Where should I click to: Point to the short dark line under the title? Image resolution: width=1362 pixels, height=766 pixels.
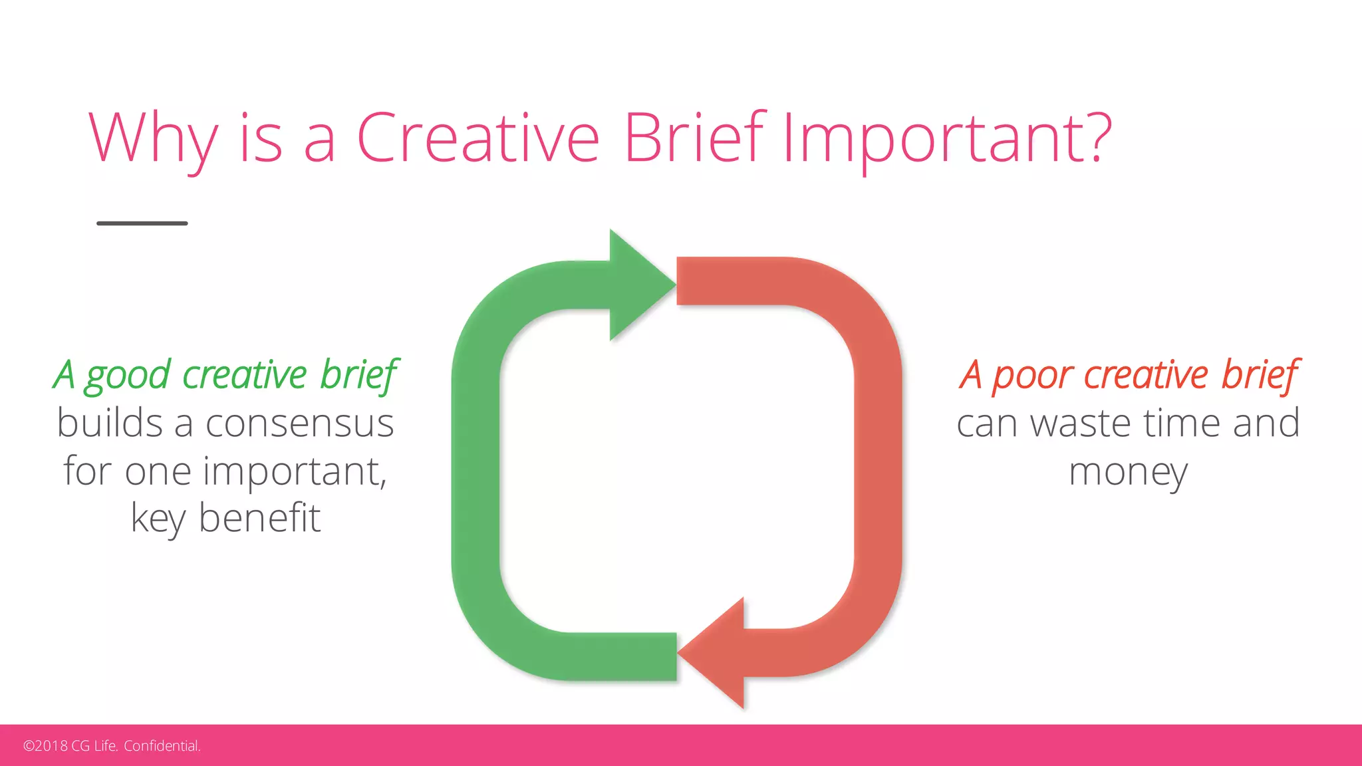click(x=142, y=223)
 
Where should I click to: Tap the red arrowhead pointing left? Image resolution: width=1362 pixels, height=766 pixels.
click(x=716, y=653)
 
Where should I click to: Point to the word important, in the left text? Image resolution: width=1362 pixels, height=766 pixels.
click(x=295, y=472)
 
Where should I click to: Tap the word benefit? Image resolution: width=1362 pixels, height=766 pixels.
click(x=259, y=518)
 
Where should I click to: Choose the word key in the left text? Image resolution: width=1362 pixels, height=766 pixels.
click(x=158, y=518)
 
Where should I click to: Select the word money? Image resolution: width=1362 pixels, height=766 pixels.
click(x=1128, y=472)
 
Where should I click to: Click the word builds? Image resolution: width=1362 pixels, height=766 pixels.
click(x=110, y=424)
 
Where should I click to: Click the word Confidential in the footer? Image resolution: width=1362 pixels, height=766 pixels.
click(x=162, y=746)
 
